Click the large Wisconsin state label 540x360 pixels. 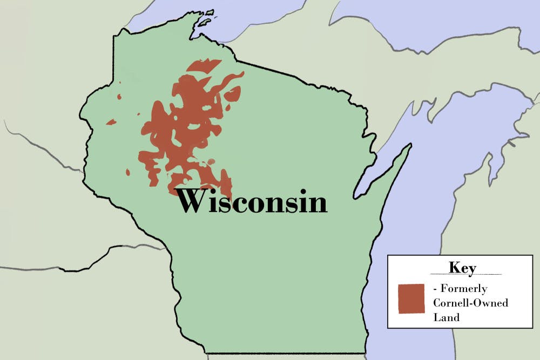click(252, 200)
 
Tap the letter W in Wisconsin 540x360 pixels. click(193, 201)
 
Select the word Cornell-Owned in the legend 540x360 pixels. click(470, 303)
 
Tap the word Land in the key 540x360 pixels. click(446, 317)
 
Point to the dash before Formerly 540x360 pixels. click(436, 289)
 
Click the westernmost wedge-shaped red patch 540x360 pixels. click(111, 122)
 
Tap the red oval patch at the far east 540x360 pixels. click(232, 95)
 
